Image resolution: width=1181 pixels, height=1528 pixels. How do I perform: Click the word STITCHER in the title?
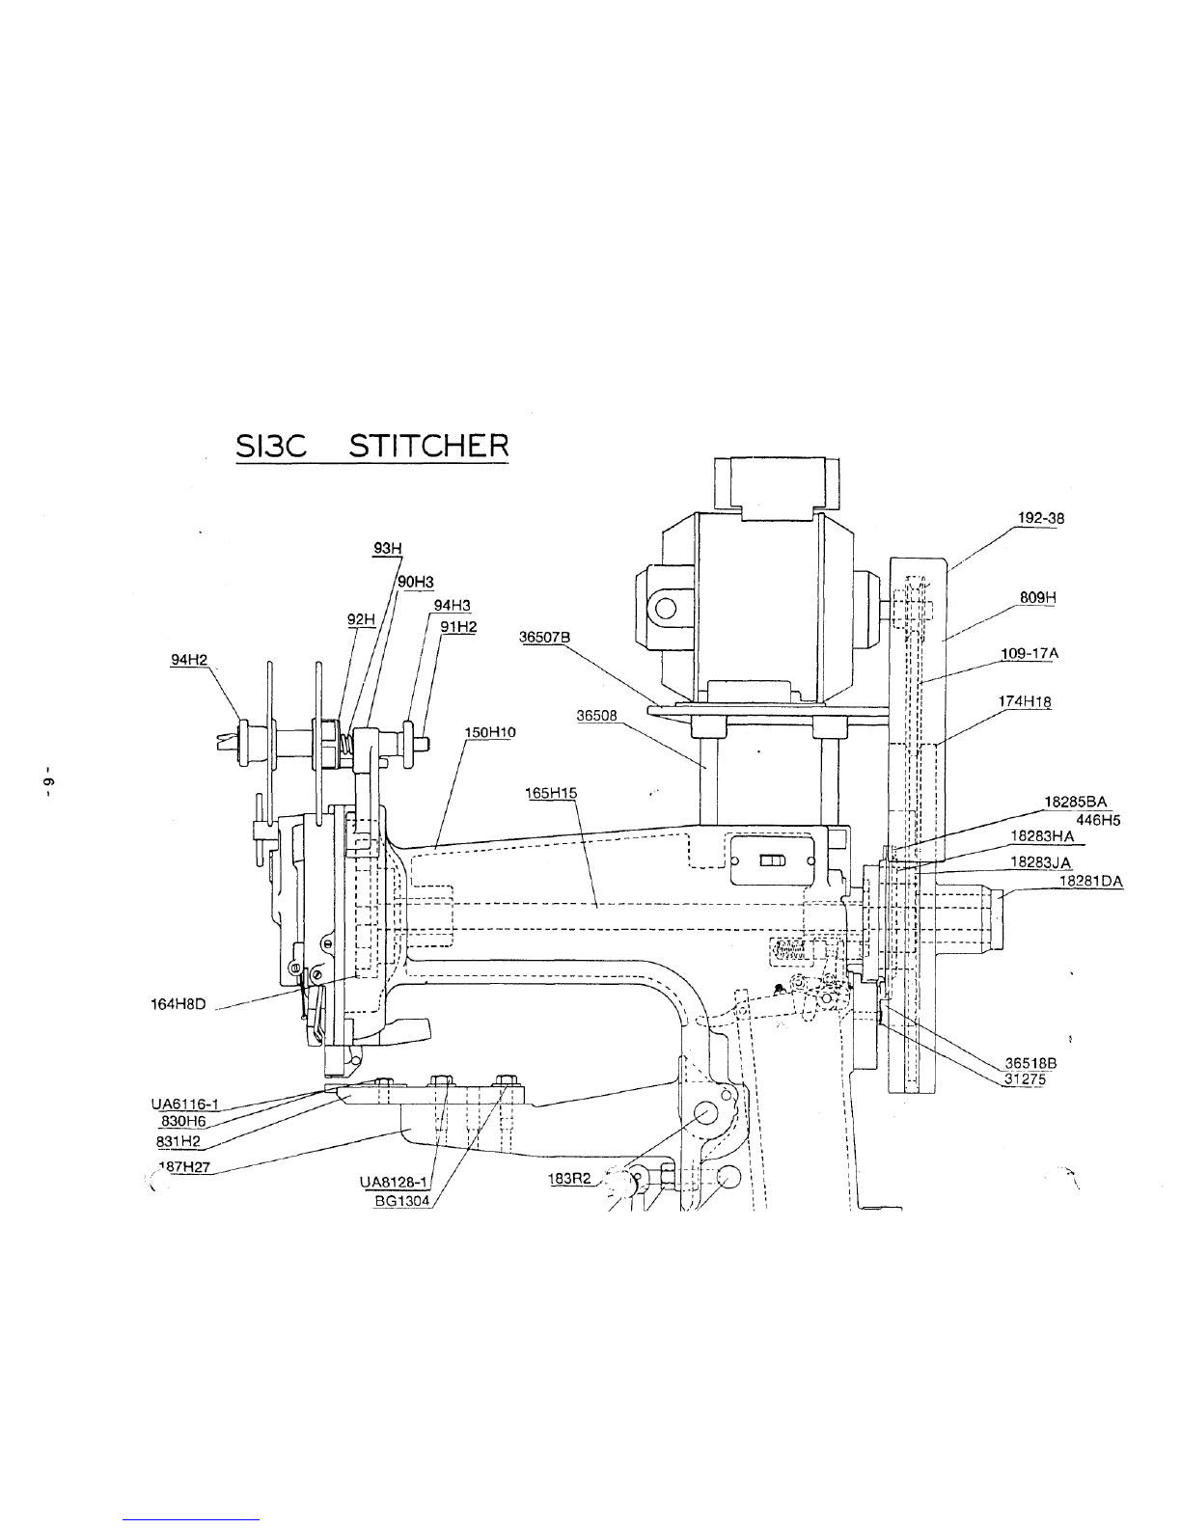428,447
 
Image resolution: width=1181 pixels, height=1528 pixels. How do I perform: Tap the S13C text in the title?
271,447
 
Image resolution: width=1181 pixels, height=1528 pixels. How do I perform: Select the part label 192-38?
1041,518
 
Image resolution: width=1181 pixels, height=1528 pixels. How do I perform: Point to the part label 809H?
1038,597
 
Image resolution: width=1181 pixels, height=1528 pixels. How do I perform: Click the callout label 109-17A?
1030,653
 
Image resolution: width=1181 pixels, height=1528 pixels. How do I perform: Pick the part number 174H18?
1025,701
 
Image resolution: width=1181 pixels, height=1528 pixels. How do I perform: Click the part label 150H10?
489,733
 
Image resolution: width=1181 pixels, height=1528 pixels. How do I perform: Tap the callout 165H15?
551,793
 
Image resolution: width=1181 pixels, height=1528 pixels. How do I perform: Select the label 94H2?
189,660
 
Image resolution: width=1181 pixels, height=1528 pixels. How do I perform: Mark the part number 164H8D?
179,1004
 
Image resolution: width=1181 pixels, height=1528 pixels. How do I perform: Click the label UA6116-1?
185,1104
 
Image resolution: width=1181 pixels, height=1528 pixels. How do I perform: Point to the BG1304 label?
401,1201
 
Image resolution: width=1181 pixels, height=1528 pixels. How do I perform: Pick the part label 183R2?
569,1179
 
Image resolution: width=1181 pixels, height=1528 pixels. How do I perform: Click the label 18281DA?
1091,882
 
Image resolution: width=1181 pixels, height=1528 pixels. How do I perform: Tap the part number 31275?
1025,1079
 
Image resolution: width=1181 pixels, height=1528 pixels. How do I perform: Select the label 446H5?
1098,820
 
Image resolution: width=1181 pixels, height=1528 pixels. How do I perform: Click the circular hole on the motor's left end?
666,607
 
